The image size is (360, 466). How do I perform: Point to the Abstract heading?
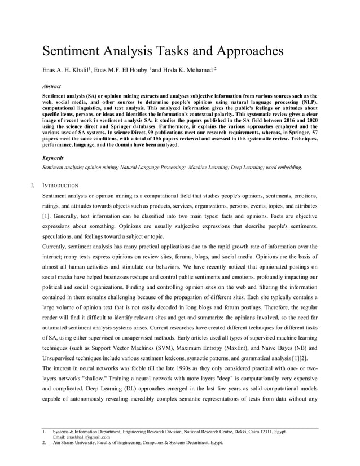(52, 87)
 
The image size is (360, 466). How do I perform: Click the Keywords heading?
(53, 158)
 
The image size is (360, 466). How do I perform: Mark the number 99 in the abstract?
(132, 134)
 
